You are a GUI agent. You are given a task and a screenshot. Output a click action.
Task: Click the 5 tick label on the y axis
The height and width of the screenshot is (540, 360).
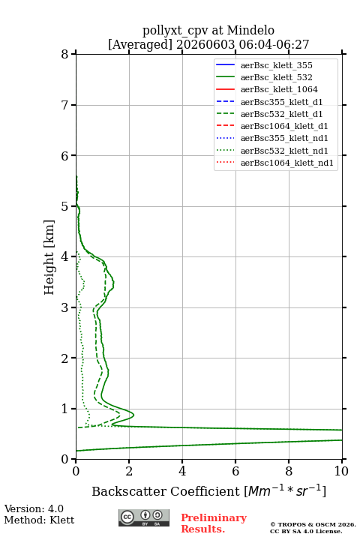[x=65, y=206]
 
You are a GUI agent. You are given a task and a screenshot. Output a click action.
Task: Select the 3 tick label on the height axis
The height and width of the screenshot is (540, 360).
[x=65, y=307]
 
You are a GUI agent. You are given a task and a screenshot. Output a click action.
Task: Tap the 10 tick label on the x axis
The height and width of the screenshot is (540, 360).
[x=341, y=471]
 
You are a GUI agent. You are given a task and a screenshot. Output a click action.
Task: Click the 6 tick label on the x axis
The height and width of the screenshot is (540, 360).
[x=235, y=471]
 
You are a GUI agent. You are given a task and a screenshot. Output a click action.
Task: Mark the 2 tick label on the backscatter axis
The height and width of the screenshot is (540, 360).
[x=129, y=471]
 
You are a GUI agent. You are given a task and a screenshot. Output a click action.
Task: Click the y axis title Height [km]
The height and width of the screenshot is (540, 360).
[x=49, y=257]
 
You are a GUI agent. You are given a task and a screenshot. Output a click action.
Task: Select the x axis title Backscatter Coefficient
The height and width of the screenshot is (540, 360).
[x=166, y=491]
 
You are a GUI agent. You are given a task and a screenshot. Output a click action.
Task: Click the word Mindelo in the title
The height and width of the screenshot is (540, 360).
[x=250, y=30]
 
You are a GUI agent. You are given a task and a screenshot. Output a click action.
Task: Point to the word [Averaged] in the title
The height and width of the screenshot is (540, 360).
[x=139, y=44]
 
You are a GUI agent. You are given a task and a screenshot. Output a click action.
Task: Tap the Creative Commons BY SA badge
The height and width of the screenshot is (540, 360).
[x=144, y=517]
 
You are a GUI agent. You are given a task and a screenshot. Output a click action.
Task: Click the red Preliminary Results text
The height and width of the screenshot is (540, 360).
[x=214, y=523]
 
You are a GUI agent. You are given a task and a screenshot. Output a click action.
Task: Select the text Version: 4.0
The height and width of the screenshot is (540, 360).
[x=34, y=508]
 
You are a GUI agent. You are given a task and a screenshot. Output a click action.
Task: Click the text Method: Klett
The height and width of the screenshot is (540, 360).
[x=39, y=520]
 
